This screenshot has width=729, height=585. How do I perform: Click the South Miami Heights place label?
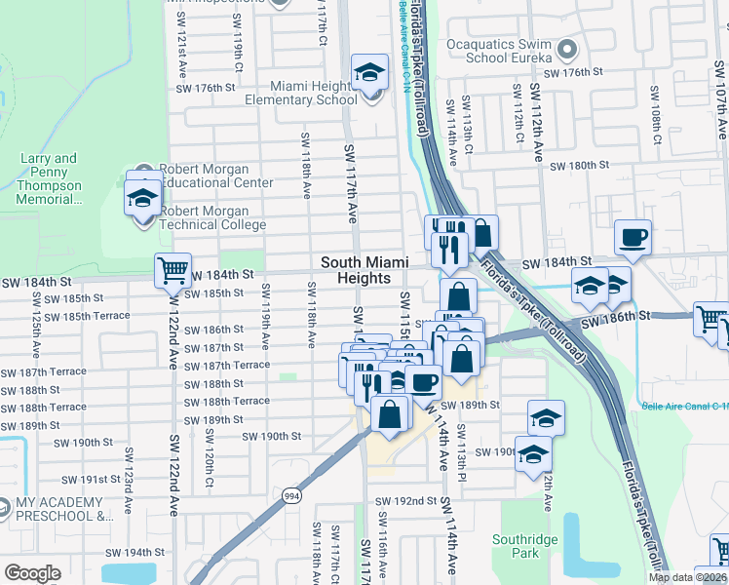point(363,270)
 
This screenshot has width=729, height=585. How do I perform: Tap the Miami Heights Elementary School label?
point(300,93)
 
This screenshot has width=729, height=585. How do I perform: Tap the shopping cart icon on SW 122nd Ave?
point(173,270)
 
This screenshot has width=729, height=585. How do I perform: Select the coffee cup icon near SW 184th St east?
point(633,237)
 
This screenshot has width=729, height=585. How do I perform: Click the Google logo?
point(32,572)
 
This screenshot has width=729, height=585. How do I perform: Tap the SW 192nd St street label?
point(407,501)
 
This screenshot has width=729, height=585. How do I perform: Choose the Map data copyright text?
point(687,577)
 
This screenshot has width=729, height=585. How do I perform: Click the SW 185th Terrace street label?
point(87,316)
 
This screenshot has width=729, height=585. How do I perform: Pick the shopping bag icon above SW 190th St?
point(390,413)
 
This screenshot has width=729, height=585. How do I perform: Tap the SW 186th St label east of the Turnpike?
point(615,318)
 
